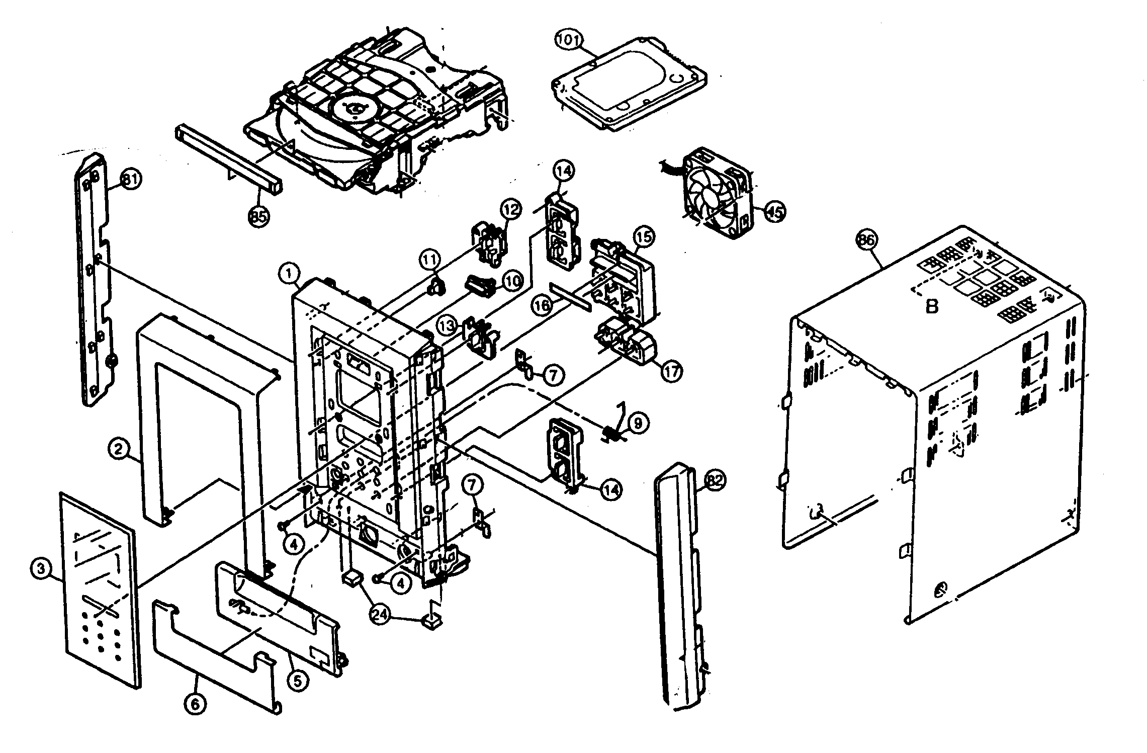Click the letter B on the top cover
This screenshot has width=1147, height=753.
point(932,306)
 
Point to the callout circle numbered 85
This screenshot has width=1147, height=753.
point(258,217)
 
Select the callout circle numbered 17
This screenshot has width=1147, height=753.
point(672,372)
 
